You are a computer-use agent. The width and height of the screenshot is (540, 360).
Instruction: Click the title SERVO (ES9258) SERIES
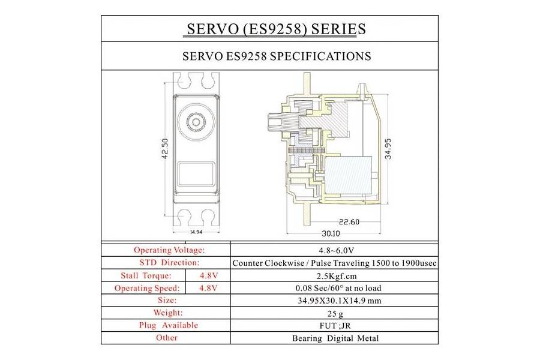click(276, 29)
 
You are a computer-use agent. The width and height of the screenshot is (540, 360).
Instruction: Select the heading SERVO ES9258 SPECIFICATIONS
click(276, 56)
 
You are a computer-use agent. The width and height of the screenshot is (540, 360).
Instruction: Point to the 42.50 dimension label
click(164, 149)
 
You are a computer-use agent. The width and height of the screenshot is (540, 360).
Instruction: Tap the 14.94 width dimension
click(196, 232)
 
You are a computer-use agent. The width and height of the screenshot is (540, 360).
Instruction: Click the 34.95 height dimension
click(388, 148)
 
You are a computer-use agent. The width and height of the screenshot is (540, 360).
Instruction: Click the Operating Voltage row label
click(169, 250)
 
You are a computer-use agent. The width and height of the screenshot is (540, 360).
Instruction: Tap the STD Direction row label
click(169, 263)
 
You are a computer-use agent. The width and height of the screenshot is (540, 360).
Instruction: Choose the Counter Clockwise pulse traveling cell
click(334, 263)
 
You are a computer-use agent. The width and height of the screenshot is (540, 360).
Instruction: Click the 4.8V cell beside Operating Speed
click(207, 288)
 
